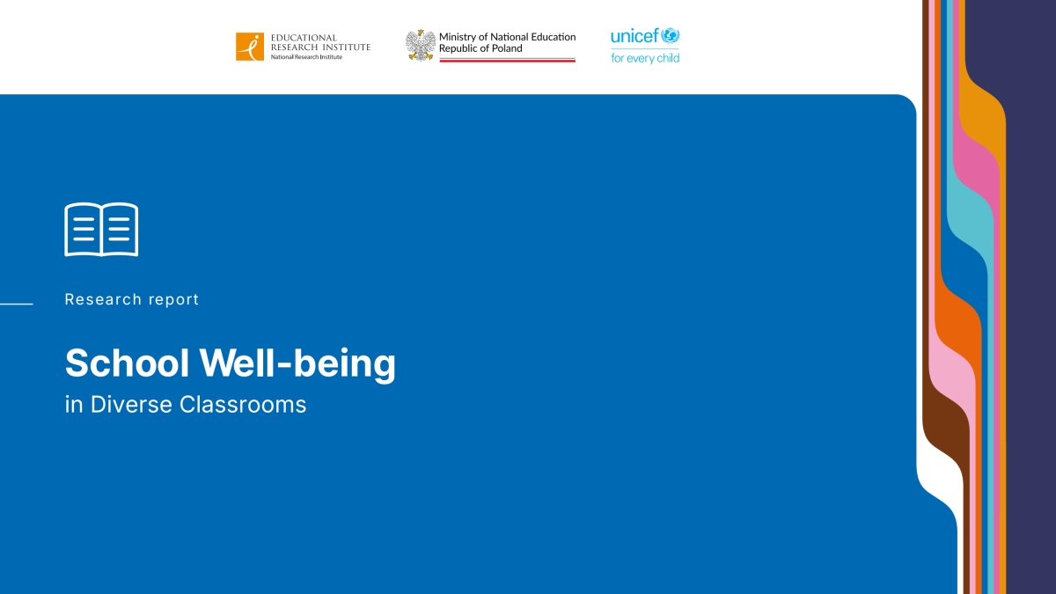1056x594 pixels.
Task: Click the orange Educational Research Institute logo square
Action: tap(249, 47)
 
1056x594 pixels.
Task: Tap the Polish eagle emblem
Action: tap(421, 45)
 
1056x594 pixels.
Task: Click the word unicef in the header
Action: tap(634, 36)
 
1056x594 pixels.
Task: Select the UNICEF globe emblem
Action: tap(671, 36)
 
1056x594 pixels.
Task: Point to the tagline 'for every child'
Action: tap(645, 58)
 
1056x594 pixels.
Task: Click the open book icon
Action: tap(101, 230)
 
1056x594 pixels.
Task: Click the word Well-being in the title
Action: tap(297, 363)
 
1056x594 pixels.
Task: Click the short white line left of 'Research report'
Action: tap(16, 304)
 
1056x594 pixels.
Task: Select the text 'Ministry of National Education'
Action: tap(507, 37)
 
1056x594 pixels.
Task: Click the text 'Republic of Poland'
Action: tap(480, 48)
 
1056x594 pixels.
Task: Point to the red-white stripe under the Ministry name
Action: tap(507, 60)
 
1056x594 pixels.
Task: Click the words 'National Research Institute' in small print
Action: tap(306, 57)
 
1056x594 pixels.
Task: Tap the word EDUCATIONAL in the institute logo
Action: tap(304, 38)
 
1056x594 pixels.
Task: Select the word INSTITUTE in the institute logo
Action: tap(345, 47)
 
